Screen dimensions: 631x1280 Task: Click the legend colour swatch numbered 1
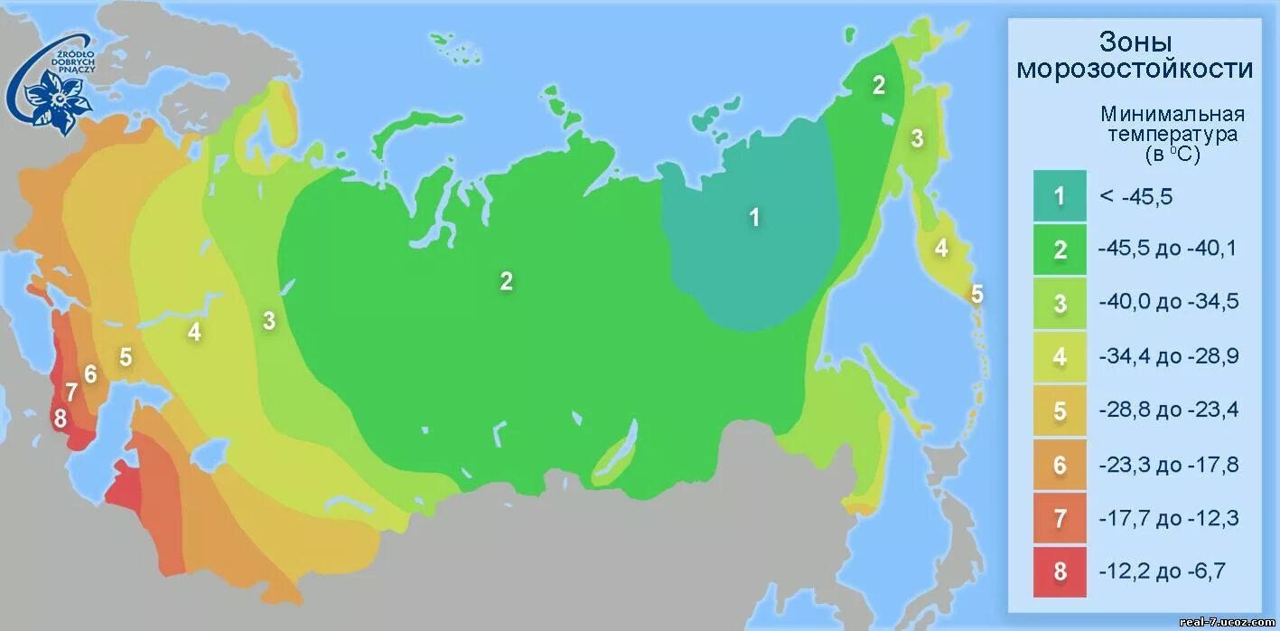point(1060,196)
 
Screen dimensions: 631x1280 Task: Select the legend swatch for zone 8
point(1060,571)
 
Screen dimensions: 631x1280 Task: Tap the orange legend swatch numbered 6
point(1060,465)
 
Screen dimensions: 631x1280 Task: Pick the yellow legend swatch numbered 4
point(1060,357)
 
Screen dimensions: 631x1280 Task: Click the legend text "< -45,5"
point(1135,196)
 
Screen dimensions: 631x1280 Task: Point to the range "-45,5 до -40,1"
point(1168,249)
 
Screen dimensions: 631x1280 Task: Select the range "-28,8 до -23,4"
point(1168,410)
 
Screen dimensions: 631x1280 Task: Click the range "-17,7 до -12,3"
point(1168,518)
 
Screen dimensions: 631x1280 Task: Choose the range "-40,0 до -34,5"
point(1168,303)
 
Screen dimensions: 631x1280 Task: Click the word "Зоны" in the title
point(1135,42)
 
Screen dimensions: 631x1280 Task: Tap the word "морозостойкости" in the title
point(1135,69)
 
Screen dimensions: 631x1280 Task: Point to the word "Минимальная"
point(1172,115)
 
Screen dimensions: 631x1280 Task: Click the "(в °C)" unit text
point(1172,155)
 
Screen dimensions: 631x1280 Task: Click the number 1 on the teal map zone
point(754,217)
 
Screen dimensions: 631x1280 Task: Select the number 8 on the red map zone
point(61,419)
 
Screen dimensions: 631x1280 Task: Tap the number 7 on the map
point(70,393)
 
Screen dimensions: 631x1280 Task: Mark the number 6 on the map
point(90,372)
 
